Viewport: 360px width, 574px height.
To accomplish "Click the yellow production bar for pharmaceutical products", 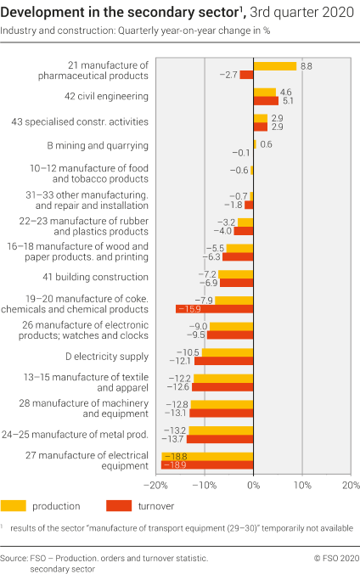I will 274,65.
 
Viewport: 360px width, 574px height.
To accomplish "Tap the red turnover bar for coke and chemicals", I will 214,309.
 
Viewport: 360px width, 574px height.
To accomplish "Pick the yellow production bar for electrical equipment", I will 207,456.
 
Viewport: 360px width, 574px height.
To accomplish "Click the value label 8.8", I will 307,65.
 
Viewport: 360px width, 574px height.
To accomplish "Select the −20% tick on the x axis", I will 155,485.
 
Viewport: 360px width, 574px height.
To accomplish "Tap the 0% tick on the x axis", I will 253,485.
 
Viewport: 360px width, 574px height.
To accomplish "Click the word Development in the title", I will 47,11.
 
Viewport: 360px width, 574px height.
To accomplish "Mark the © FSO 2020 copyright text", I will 336,558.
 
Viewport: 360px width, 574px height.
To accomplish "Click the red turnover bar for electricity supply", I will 223,361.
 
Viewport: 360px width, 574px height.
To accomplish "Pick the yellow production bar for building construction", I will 236,273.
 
